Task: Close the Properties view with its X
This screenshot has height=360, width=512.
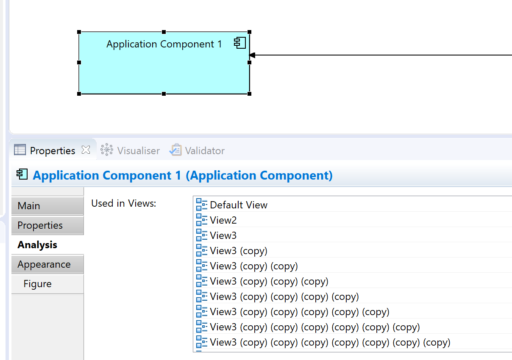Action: pyautogui.click(x=86, y=150)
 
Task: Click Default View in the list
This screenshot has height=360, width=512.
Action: pyautogui.click(x=239, y=205)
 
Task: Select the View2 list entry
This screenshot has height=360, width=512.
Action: pyautogui.click(x=223, y=220)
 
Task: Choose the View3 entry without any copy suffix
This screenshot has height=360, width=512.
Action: pyautogui.click(x=223, y=235)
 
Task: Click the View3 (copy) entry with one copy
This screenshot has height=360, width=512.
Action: pyautogui.click(x=239, y=251)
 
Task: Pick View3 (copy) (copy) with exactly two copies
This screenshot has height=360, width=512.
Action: pyautogui.click(x=254, y=266)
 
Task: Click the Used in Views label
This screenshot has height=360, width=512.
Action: pyautogui.click(x=124, y=203)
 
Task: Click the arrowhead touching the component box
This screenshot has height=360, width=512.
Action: pyautogui.click(x=252, y=55)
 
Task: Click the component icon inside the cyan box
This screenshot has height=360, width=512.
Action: pyautogui.click(x=240, y=43)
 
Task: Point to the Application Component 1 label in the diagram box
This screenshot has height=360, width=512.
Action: pyautogui.click(x=164, y=44)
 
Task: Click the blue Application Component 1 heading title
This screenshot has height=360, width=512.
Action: pyautogui.click(x=183, y=175)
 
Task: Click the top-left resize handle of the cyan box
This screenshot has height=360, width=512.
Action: pyautogui.click(x=79, y=32)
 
